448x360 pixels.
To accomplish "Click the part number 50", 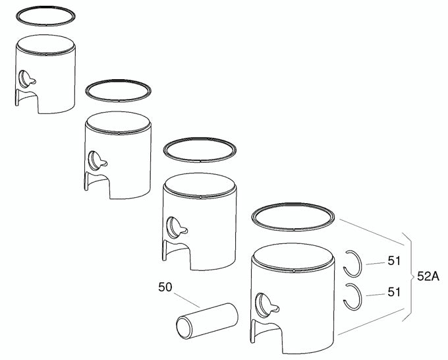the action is coord(165,287).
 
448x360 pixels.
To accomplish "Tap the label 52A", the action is coord(428,278).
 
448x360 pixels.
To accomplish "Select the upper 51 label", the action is coord(394,262).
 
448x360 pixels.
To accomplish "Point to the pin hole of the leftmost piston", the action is coord(27,77).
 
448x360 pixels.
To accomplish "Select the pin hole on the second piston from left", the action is coord(98,160).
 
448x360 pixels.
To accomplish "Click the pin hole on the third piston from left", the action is coord(177,225).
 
